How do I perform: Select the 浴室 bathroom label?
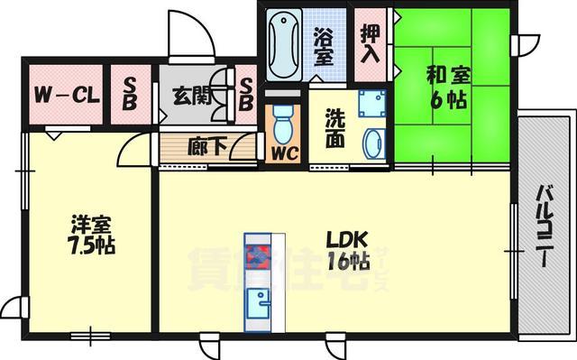(x=325, y=45)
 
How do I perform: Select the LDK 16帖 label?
(x=347, y=252)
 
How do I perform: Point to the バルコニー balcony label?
(x=546, y=225)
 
